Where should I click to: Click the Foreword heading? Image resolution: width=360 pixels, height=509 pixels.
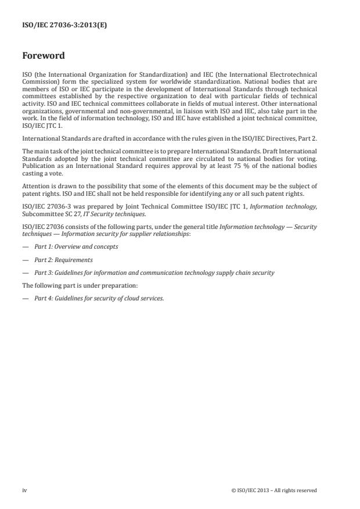[x=43, y=56]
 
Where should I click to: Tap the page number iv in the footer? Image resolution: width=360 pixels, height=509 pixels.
[x=24, y=490]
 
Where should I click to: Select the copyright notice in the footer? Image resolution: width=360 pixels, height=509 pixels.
[x=273, y=490]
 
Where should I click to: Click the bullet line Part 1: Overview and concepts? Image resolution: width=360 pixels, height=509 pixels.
[x=75, y=246]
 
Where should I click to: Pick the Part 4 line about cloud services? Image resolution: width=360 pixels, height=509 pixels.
[x=99, y=299]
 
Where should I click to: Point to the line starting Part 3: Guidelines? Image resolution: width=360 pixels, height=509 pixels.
[x=154, y=273]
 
